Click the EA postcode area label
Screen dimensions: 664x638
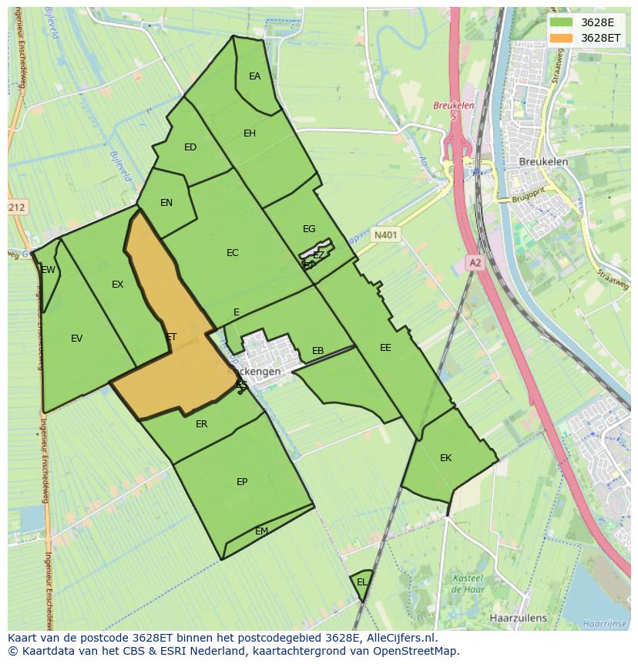click(254, 76)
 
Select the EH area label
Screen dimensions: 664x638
click(250, 133)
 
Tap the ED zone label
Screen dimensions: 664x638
click(190, 147)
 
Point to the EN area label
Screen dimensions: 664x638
click(166, 203)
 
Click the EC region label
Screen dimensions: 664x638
click(233, 253)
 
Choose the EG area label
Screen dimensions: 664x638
click(309, 229)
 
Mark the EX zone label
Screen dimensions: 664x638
click(117, 285)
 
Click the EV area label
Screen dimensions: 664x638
click(76, 338)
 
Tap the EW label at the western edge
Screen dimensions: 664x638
click(49, 270)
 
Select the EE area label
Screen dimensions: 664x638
click(385, 348)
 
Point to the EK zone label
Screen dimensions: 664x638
click(445, 458)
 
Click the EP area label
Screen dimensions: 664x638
click(242, 482)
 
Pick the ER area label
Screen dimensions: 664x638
click(201, 424)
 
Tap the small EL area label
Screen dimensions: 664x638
click(361, 582)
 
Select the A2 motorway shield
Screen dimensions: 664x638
click(475, 263)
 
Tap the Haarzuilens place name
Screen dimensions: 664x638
click(518, 618)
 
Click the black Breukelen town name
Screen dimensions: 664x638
click(543, 162)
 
